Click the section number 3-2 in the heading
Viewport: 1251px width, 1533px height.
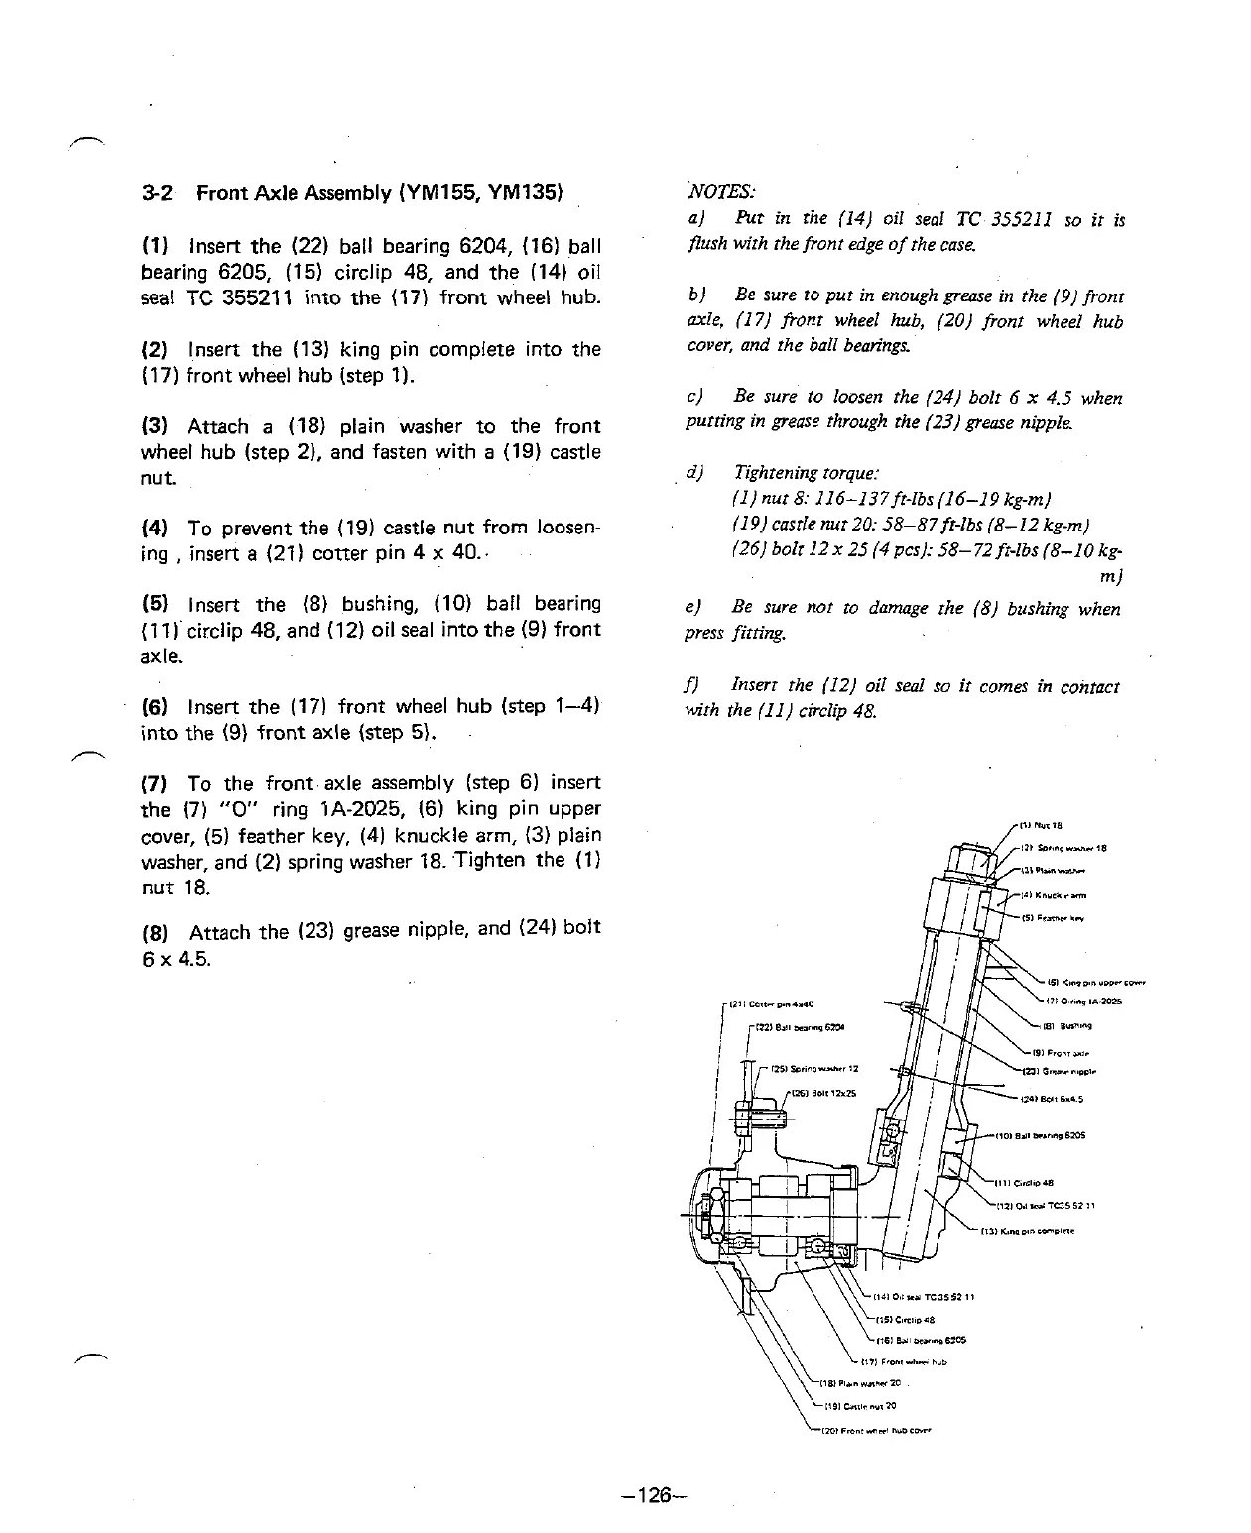158,193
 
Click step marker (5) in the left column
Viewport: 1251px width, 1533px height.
154,604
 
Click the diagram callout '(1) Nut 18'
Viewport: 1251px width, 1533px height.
1041,824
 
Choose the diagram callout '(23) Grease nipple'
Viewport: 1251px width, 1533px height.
1058,1071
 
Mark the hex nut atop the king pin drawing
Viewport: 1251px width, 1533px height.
972,858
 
